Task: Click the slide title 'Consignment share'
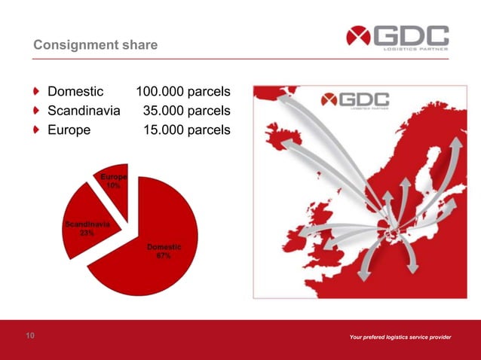click(x=95, y=46)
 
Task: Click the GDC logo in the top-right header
click(x=397, y=38)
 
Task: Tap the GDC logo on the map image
click(x=356, y=101)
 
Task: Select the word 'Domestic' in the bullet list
click(x=75, y=92)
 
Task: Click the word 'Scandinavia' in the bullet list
click(x=84, y=111)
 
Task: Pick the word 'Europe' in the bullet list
click(x=69, y=130)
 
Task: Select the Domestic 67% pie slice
click(x=151, y=256)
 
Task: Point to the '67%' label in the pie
click(x=163, y=256)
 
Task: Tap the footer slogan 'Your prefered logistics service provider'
click(x=400, y=337)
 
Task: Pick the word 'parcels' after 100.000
click(x=205, y=92)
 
